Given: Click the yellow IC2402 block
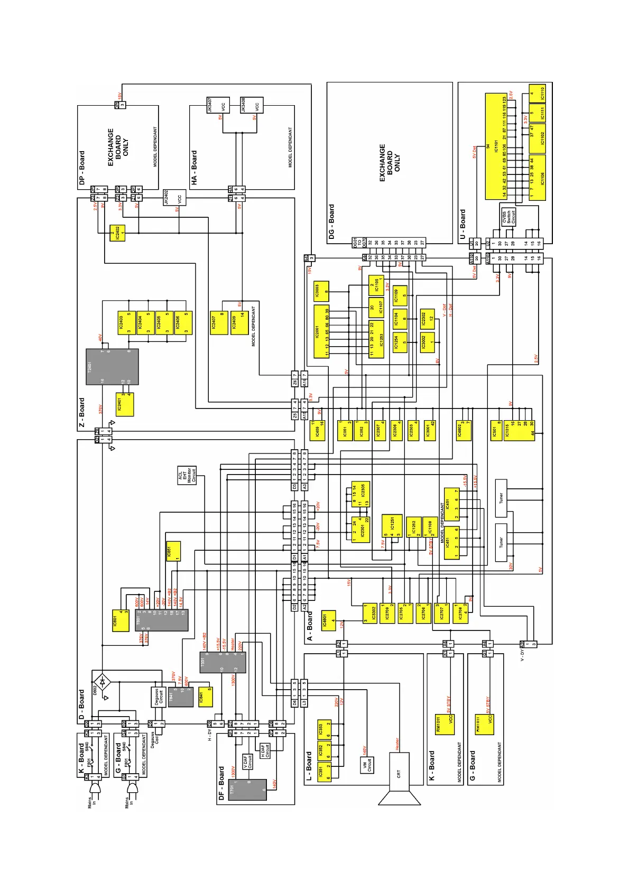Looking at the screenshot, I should pos(117,233).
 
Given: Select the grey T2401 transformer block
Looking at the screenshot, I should pos(112,366).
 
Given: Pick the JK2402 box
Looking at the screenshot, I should pos(174,198).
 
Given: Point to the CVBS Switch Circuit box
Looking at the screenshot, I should pos(508,217).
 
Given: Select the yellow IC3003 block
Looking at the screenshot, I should pos(321,292).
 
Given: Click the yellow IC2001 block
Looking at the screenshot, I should pos(321,332).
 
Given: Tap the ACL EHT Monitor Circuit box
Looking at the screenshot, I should pos(187,476).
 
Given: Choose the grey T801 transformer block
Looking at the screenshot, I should pos(161,620).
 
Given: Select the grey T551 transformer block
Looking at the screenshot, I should pos(223,662).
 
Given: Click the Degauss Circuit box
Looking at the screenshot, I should pos(159,697).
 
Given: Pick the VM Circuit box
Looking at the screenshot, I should pos(367,764).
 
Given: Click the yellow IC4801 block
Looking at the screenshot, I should pos(328,619).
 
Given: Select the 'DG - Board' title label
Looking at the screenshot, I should pos(332,222).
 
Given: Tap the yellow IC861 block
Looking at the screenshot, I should pos(173,551).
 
